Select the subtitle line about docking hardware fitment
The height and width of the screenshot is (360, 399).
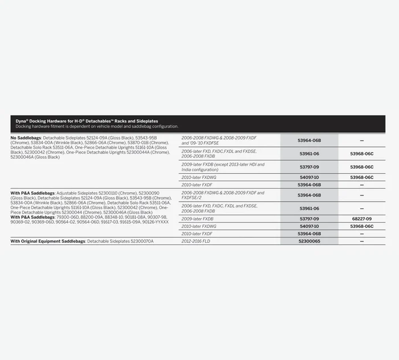[94, 126]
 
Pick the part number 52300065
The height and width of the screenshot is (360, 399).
[310, 242]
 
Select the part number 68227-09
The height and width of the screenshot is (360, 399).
[361, 219]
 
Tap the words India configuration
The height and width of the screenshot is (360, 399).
[199, 170]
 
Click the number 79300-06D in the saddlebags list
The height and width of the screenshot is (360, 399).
[68, 217]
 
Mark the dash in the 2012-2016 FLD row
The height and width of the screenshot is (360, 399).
[361, 242]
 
